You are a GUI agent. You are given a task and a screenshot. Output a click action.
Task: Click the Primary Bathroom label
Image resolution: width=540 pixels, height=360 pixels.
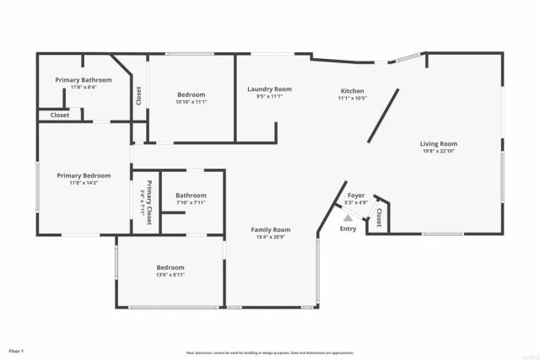coord(84,79)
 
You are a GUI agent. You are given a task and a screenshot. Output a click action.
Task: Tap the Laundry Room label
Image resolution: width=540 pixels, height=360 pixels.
coord(269,89)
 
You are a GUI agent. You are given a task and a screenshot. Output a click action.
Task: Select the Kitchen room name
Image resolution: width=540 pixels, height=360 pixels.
coord(352,90)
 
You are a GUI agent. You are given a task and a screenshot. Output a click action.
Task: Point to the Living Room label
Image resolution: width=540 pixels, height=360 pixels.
coord(438,143)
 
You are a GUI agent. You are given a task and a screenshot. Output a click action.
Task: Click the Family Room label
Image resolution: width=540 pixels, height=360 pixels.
coord(270,229)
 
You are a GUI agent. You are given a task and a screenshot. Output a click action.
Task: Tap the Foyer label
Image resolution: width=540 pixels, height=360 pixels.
coord(355,195)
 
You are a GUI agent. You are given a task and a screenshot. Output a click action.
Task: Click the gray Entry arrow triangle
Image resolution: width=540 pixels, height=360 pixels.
coord(348,217)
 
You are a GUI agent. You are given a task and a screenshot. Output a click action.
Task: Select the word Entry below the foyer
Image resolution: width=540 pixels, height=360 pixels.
coord(348,228)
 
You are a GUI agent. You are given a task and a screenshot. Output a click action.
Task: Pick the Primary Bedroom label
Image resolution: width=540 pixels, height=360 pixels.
coord(84,175)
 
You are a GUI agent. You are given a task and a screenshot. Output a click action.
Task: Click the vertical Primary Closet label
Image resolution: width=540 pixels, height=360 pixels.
coord(148,202)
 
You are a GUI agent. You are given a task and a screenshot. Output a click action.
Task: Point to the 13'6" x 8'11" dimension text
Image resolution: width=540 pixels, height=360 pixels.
coord(170,275)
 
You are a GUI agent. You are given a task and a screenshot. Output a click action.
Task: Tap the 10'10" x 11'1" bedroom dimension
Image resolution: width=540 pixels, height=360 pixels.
coord(192,102)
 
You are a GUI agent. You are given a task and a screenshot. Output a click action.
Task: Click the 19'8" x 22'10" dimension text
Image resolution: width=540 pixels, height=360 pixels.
coord(438,152)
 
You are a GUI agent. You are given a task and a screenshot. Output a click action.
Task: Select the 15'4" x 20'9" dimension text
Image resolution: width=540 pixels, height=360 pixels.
coord(270,238)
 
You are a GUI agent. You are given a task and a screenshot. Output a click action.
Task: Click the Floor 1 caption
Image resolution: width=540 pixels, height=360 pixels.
coord(17,350)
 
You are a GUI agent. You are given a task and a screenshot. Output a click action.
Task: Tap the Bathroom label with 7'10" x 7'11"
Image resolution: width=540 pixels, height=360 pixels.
coord(192,195)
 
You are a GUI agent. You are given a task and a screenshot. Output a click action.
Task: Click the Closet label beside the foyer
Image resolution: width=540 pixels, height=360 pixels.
coord(379,218)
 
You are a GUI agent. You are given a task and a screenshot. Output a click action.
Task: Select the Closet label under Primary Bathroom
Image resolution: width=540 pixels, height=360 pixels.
coord(60,115)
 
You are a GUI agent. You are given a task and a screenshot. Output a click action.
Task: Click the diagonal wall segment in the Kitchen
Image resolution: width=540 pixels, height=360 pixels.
coord(382,117)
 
